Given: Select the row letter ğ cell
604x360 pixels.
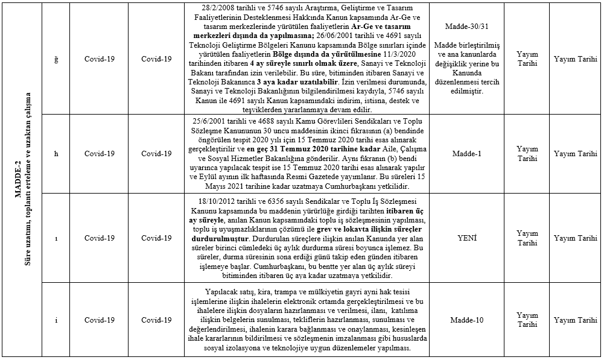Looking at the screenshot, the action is point(56,59).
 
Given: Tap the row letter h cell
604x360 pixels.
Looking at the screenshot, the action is point(56,153).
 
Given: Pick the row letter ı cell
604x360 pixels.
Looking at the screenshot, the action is point(56,238).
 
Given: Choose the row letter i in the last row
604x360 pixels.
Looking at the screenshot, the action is point(56,320).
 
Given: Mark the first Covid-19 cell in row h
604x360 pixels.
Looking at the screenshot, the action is point(100,153).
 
